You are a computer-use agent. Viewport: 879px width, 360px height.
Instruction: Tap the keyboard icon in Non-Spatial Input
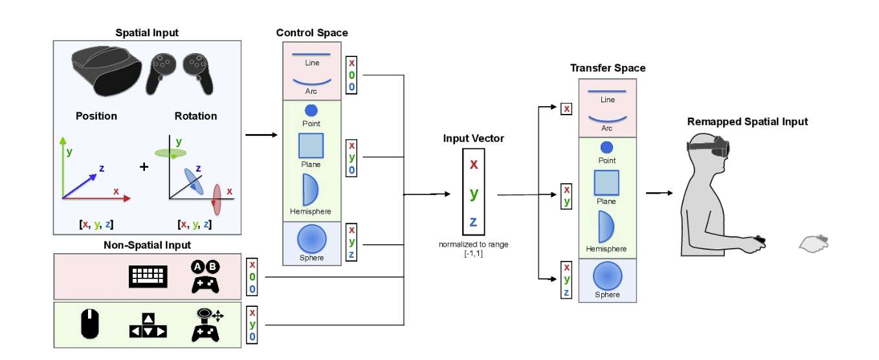point(148,277)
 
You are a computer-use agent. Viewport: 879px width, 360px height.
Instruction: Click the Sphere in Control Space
point(312,240)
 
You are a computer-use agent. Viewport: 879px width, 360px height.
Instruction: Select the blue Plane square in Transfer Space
point(606,183)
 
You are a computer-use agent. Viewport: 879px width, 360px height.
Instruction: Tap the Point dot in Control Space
point(311,111)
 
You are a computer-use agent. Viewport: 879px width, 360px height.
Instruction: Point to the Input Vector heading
point(474,139)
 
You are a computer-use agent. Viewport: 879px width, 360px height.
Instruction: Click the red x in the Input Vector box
point(474,164)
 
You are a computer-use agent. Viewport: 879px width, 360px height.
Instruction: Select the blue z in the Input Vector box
point(474,222)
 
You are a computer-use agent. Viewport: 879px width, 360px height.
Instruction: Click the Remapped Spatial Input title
point(747,122)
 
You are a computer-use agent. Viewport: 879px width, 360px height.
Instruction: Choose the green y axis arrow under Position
point(63,165)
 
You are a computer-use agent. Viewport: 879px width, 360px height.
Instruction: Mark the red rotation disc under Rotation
point(217,199)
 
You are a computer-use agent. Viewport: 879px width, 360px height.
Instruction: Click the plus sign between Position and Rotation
point(144,167)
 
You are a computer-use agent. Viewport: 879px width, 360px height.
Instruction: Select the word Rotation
point(195,117)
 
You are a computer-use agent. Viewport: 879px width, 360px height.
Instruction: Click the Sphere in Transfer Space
point(607,275)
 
